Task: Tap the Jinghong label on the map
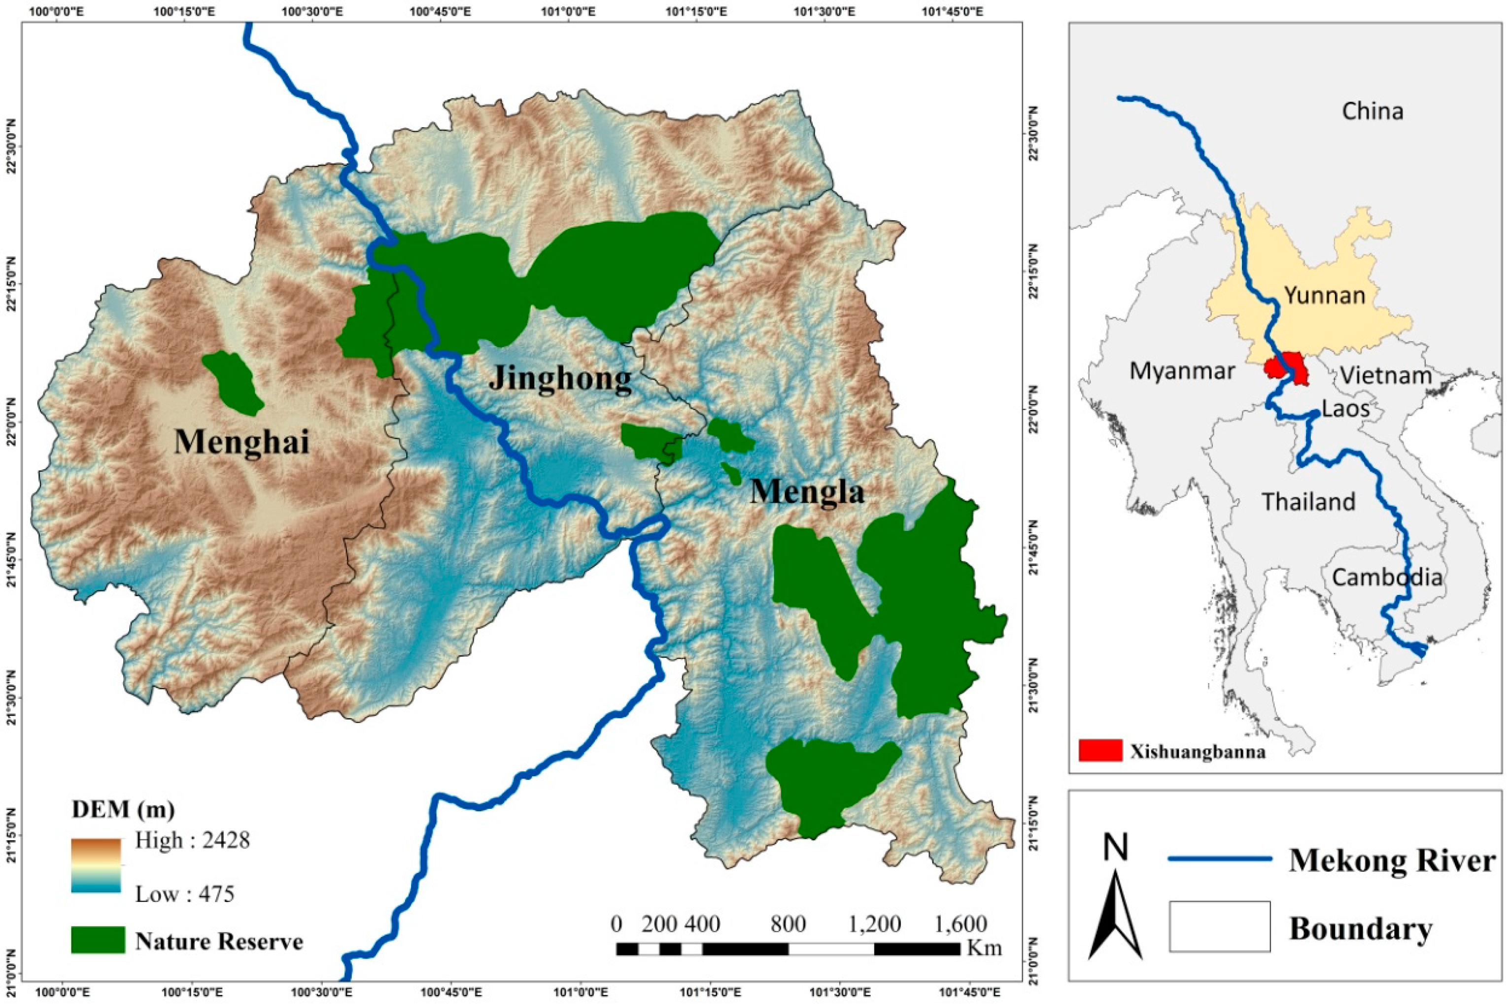point(560,378)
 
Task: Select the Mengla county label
point(807,492)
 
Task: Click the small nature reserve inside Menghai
point(232,383)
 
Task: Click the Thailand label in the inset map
point(1308,501)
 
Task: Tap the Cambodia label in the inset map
point(1387,577)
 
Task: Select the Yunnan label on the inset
point(1325,295)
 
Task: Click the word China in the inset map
point(1372,111)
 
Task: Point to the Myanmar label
point(1181,371)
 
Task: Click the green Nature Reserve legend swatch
point(98,939)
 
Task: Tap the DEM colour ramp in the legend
point(96,866)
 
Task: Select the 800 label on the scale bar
point(788,924)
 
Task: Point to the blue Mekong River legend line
point(1220,859)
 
